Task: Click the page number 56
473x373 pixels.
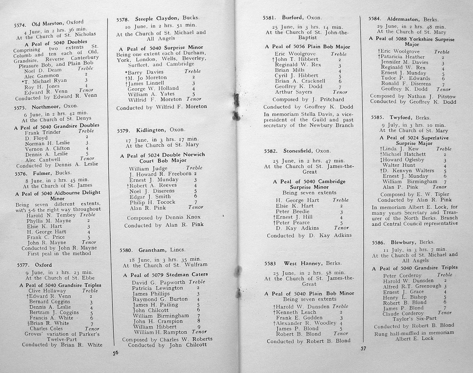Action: (x=115, y=353)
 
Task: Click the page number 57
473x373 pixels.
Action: (x=363, y=348)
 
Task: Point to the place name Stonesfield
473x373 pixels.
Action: (x=298, y=151)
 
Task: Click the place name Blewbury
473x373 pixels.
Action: (x=402, y=242)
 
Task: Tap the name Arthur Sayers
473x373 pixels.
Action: (x=293, y=92)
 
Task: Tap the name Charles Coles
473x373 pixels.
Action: (x=46, y=328)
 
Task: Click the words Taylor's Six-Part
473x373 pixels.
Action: (x=414, y=318)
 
